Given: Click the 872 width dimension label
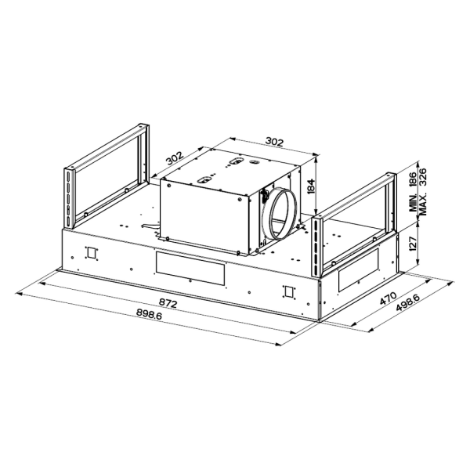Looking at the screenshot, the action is (168, 303).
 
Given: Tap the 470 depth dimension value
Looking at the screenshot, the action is (388, 298).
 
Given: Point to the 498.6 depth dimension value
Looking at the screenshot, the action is (407, 303).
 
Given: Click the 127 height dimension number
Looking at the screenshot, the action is (414, 244).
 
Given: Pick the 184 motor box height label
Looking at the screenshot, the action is (312, 186).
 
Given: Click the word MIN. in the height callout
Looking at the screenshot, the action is (414, 202).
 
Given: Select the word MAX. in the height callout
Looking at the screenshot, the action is (422, 204).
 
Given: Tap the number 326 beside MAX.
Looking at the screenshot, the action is (422, 178).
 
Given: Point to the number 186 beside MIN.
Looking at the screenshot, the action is (414, 180).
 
